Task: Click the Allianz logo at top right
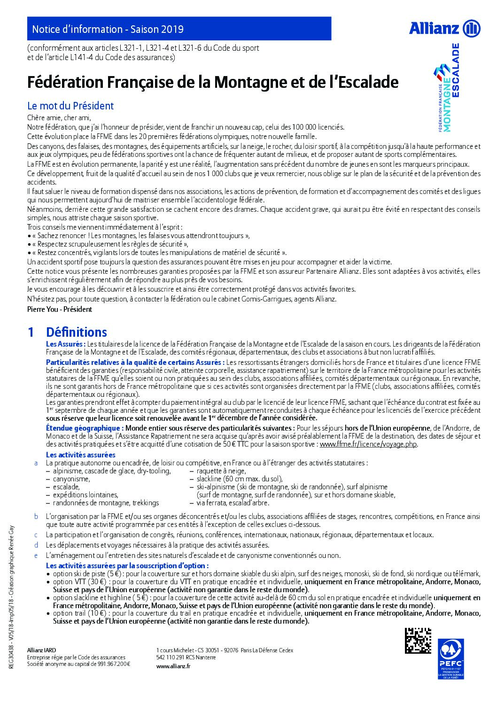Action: tap(444, 29)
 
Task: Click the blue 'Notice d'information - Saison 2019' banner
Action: tap(179, 29)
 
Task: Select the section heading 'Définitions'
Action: tap(77, 332)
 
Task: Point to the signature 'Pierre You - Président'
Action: tap(60, 309)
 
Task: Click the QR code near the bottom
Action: tap(418, 641)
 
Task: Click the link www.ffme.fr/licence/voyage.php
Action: tap(368, 444)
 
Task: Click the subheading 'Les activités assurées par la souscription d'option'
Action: tap(127, 566)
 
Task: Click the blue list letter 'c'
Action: tap(36, 535)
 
